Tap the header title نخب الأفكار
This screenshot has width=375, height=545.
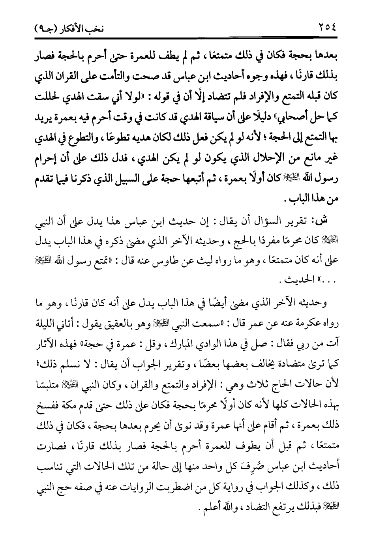83,28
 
